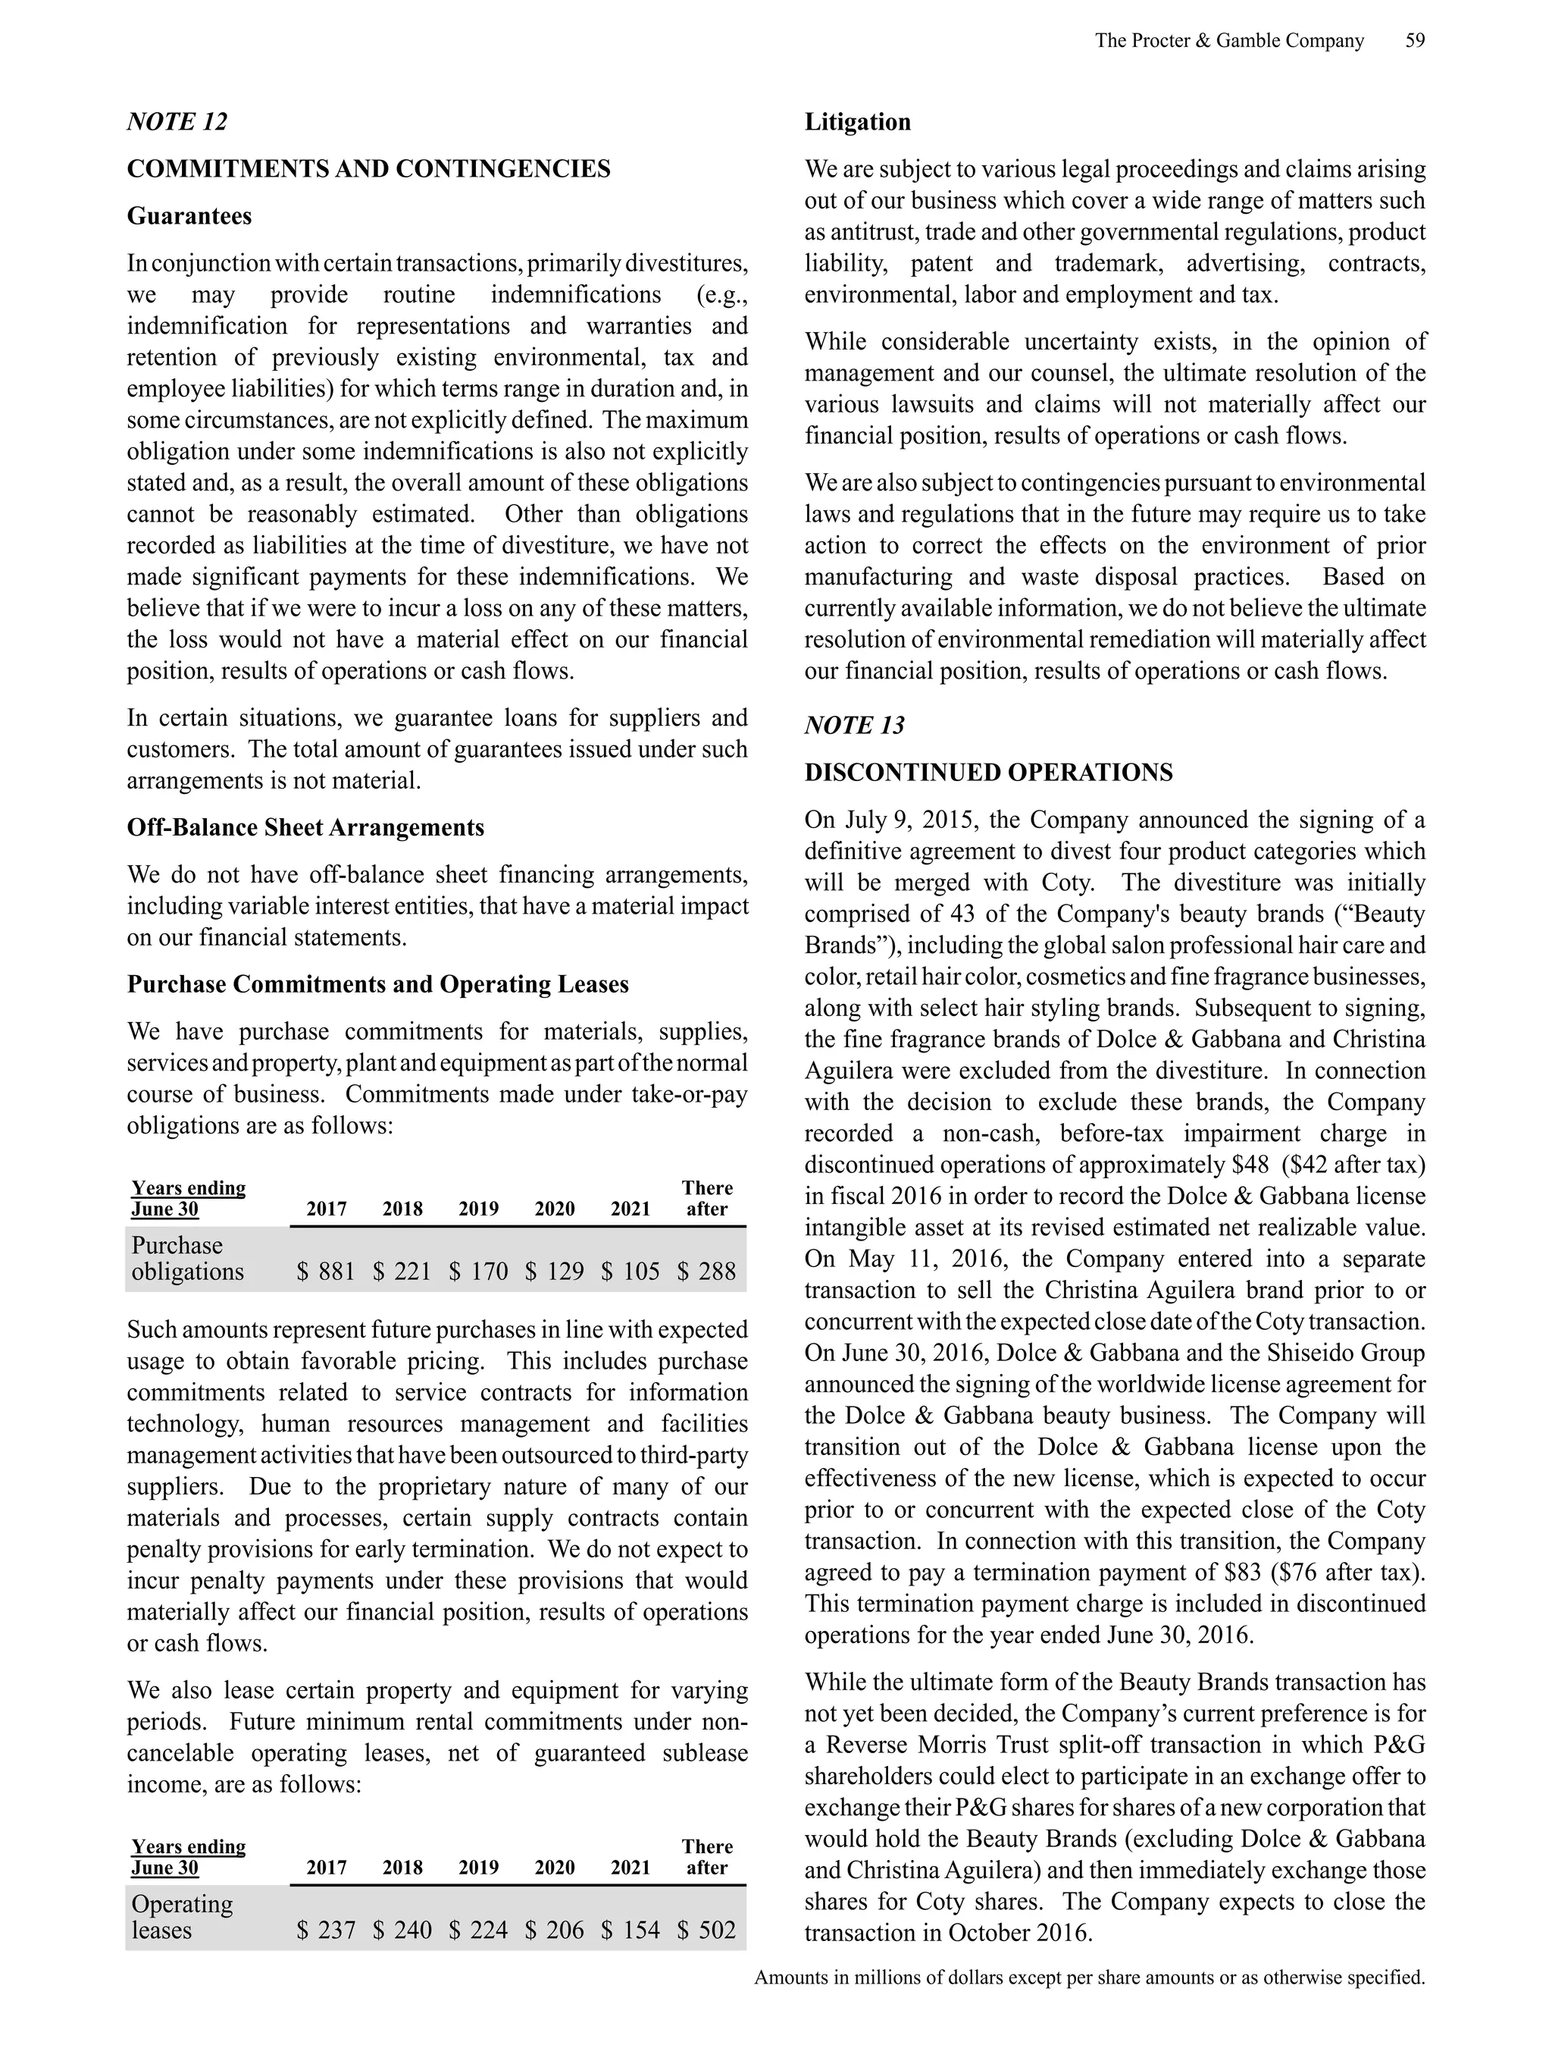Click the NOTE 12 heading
click(x=177, y=121)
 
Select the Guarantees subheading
click(x=189, y=216)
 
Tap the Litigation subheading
click(x=857, y=121)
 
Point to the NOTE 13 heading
click(x=854, y=725)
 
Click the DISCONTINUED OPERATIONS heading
click(x=988, y=773)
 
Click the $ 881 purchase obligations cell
click(x=326, y=1271)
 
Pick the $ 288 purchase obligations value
click(x=706, y=1271)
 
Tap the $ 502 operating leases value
click(x=706, y=1930)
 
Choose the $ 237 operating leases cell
click(x=326, y=1930)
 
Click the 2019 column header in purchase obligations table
click(x=478, y=1209)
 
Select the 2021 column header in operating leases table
click(x=630, y=1868)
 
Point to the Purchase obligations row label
click(x=187, y=1258)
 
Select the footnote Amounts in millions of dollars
click(x=1089, y=1977)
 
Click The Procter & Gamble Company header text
click(x=1228, y=41)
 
